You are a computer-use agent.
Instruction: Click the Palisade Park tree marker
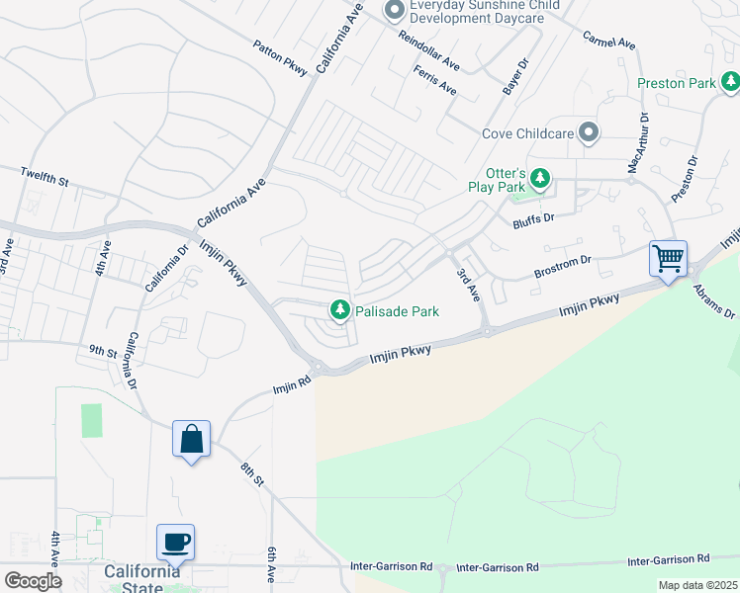tap(340, 311)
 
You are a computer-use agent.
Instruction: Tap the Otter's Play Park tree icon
tap(539, 179)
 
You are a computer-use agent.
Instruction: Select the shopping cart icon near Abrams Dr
tap(669, 259)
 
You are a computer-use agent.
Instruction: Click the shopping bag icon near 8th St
tap(191, 438)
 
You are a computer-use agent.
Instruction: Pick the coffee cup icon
tap(175, 542)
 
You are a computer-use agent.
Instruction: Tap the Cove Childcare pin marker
tap(590, 132)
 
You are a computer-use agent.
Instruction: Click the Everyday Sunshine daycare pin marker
tap(394, 11)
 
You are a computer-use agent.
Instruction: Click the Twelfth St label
tap(45, 178)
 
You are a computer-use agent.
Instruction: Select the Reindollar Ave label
tap(429, 50)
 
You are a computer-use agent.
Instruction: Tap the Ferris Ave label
tap(435, 80)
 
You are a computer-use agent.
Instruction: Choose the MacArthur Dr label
tap(639, 143)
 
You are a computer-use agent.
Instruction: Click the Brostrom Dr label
tap(562, 264)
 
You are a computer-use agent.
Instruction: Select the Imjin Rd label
tap(292, 383)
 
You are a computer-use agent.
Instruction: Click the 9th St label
tap(103, 351)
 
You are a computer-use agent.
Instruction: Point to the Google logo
tap(34, 580)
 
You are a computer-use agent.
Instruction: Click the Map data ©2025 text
tap(696, 585)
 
